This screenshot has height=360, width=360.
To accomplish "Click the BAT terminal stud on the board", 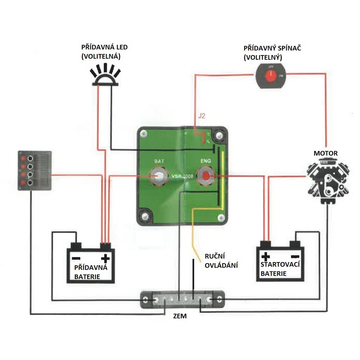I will pos(159,176).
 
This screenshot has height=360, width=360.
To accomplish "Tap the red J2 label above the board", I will pos(201,116).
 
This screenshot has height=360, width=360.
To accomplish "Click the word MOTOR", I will pos(325,153).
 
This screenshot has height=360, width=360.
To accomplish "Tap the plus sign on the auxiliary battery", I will pos(105,258).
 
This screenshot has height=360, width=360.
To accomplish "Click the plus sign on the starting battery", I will pos(266,256).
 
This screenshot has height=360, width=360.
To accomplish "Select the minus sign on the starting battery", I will pos(295,256).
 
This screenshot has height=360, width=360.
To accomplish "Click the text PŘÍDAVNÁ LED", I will pos(104,47).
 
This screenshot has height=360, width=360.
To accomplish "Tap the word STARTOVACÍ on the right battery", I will pos(281,265).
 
